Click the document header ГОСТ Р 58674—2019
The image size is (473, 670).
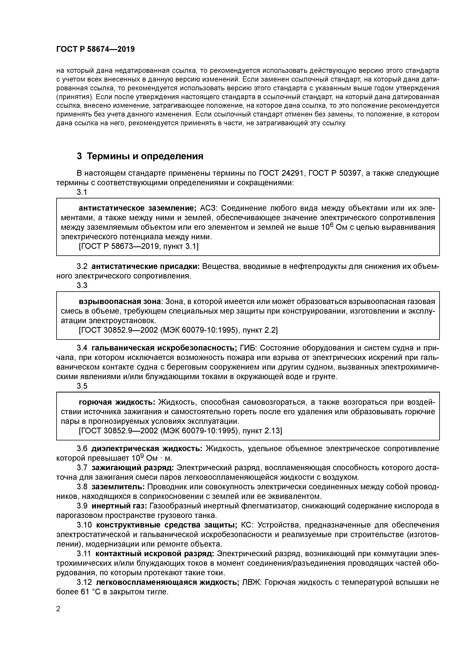[x=95, y=49]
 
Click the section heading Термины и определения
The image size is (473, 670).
[x=140, y=156]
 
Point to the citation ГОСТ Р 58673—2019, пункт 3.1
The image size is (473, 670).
[x=139, y=247]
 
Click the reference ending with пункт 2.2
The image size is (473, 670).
[x=178, y=330]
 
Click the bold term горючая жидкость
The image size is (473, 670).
[x=117, y=402]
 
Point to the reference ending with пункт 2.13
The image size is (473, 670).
[x=180, y=431]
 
